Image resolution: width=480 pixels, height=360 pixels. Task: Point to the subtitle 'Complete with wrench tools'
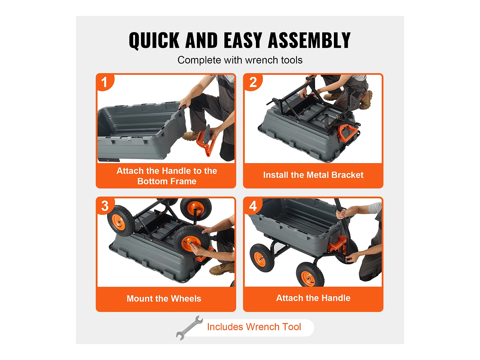[x=240, y=60]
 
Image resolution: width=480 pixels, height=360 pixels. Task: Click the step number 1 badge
[x=104, y=82]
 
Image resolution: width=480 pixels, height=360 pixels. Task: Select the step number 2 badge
[x=253, y=82]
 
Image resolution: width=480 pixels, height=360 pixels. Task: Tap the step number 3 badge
[x=105, y=206]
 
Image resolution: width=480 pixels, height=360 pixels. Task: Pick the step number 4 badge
[x=253, y=206]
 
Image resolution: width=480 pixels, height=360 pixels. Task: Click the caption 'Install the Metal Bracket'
[x=313, y=175]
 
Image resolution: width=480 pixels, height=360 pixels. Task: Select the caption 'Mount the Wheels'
[x=164, y=298]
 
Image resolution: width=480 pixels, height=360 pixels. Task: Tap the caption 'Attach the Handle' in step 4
[x=313, y=298]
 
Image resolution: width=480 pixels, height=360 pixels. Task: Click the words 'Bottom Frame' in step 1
[x=166, y=181]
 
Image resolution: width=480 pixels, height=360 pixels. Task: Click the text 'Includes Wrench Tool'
[x=254, y=327]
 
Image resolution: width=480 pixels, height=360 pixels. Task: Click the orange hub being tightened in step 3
[x=191, y=243]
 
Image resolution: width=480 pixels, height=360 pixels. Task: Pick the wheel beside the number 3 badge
[x=121, y=220]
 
